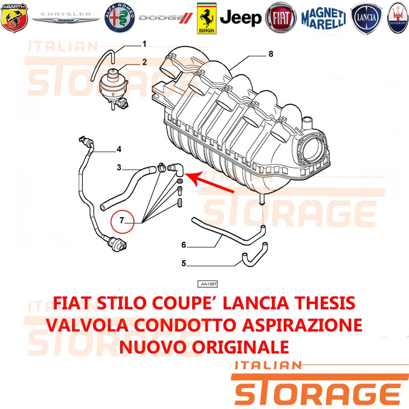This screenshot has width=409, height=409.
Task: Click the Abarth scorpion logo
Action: (14, 17)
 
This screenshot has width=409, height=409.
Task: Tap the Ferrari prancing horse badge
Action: (207, 18)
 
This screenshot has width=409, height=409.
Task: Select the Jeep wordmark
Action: (240, 18)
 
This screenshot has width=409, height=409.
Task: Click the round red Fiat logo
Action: (281, 18)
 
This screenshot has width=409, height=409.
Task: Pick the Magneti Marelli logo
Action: (324, 18)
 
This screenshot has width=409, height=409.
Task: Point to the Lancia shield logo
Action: (366, 18)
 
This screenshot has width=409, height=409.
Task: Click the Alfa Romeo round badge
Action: (120, 18)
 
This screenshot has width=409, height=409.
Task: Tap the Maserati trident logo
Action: (398, 18)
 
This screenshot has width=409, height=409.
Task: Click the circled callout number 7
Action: (122, 221)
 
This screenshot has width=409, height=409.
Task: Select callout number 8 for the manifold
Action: (271, 54)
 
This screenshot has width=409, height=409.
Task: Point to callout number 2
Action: (145, 62)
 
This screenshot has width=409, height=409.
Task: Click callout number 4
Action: (119, 149)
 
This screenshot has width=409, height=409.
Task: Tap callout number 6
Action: (184, 245)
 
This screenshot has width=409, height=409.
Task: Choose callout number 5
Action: (184, 263)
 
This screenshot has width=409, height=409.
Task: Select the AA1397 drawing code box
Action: (208, 284)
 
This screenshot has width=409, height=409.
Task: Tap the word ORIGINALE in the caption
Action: (240, 347)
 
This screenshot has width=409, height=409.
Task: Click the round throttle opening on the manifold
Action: (312, 149)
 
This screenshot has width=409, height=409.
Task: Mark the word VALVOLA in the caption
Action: (87, 325)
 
